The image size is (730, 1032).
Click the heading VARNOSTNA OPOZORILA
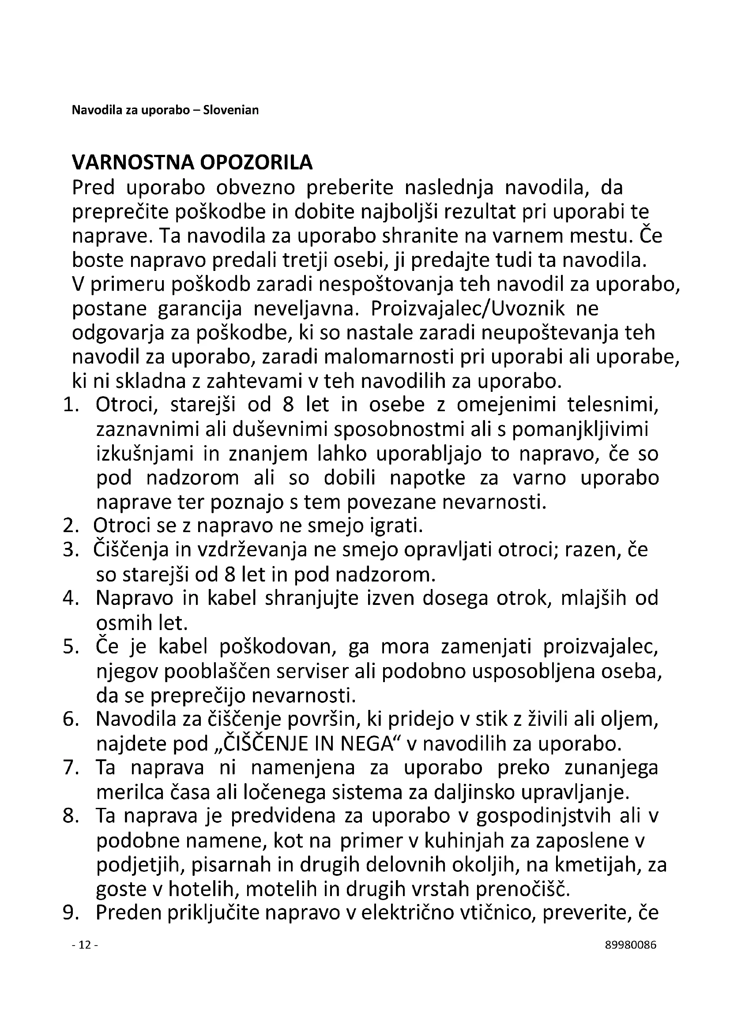click(x=192, y=163)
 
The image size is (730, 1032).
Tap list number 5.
click(x=71, y=647)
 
